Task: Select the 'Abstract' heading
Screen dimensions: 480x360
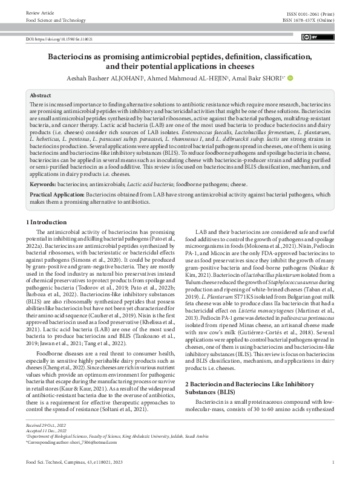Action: [41, 96]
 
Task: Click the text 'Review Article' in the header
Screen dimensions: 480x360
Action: [39, 12]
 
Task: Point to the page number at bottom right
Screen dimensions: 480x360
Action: [333, 462]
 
